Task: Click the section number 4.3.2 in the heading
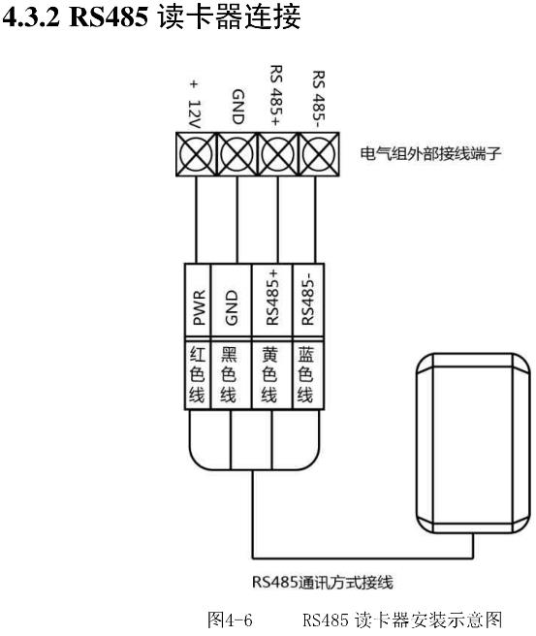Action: (31, 17)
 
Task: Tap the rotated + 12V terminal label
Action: (195, 105)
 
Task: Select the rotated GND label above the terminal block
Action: (238, 107)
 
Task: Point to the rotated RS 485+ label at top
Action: (276, 95)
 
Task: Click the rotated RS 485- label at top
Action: (319, 96)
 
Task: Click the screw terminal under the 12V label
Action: (197, 154)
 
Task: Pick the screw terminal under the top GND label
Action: (237, 154)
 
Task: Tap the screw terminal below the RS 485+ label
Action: (278, 154)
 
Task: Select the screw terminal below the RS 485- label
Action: (319, 154)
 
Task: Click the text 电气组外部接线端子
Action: (430, 154)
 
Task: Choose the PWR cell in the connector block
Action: (198, 300)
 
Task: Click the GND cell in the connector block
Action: (231, 300)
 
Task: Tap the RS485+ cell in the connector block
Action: (272, 300)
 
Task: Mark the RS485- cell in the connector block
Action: (308, 300)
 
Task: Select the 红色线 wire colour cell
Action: (198, 375)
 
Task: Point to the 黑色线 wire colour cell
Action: (230, 375)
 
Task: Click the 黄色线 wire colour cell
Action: (270, 375)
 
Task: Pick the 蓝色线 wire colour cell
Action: (306, 375)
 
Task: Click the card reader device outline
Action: (417, 442)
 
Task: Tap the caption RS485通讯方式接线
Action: (323, 582)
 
